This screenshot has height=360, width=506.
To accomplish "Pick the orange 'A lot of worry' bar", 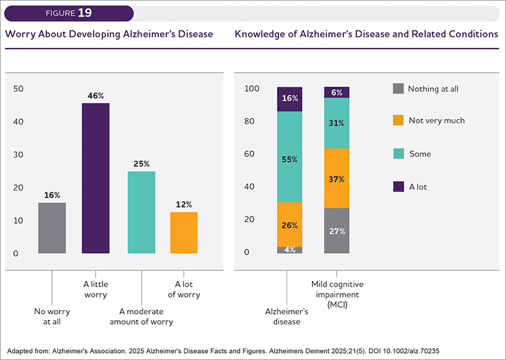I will click(184, 232).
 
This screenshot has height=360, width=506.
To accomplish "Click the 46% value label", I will click(96, 96).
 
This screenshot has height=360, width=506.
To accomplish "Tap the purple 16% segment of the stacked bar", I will click(290, 99).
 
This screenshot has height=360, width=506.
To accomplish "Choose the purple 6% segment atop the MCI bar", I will click(336, 92).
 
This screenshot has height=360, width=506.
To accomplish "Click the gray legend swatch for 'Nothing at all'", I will click(398, 89).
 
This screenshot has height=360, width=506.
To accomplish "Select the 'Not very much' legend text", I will click(436, 120).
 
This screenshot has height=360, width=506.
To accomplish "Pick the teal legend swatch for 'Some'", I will click(398, 154).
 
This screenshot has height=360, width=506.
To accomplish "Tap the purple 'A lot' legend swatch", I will click(398, 187).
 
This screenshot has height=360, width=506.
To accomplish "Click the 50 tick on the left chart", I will click(18, 89).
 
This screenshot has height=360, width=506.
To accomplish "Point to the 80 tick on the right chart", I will click(249, 121).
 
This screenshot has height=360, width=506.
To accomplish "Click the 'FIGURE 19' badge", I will click(69, 13).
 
